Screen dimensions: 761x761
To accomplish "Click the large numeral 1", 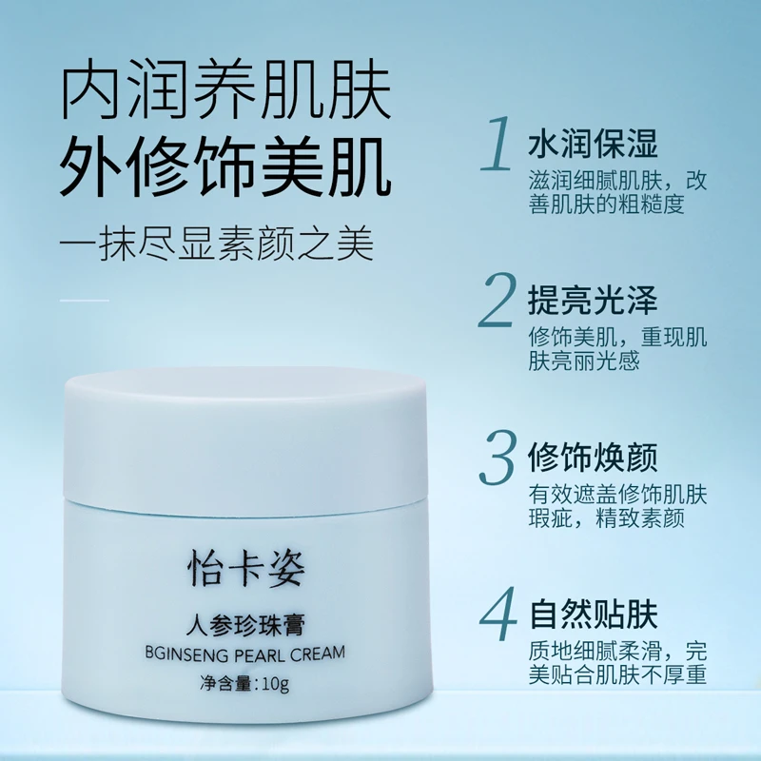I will point(498,145).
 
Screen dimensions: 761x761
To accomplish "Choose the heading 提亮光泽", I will point(592,301).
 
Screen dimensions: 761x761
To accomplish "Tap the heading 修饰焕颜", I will point(592,458).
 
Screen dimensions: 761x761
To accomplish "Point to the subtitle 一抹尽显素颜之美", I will point(216,244).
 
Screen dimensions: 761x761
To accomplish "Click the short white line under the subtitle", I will point(85,301).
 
